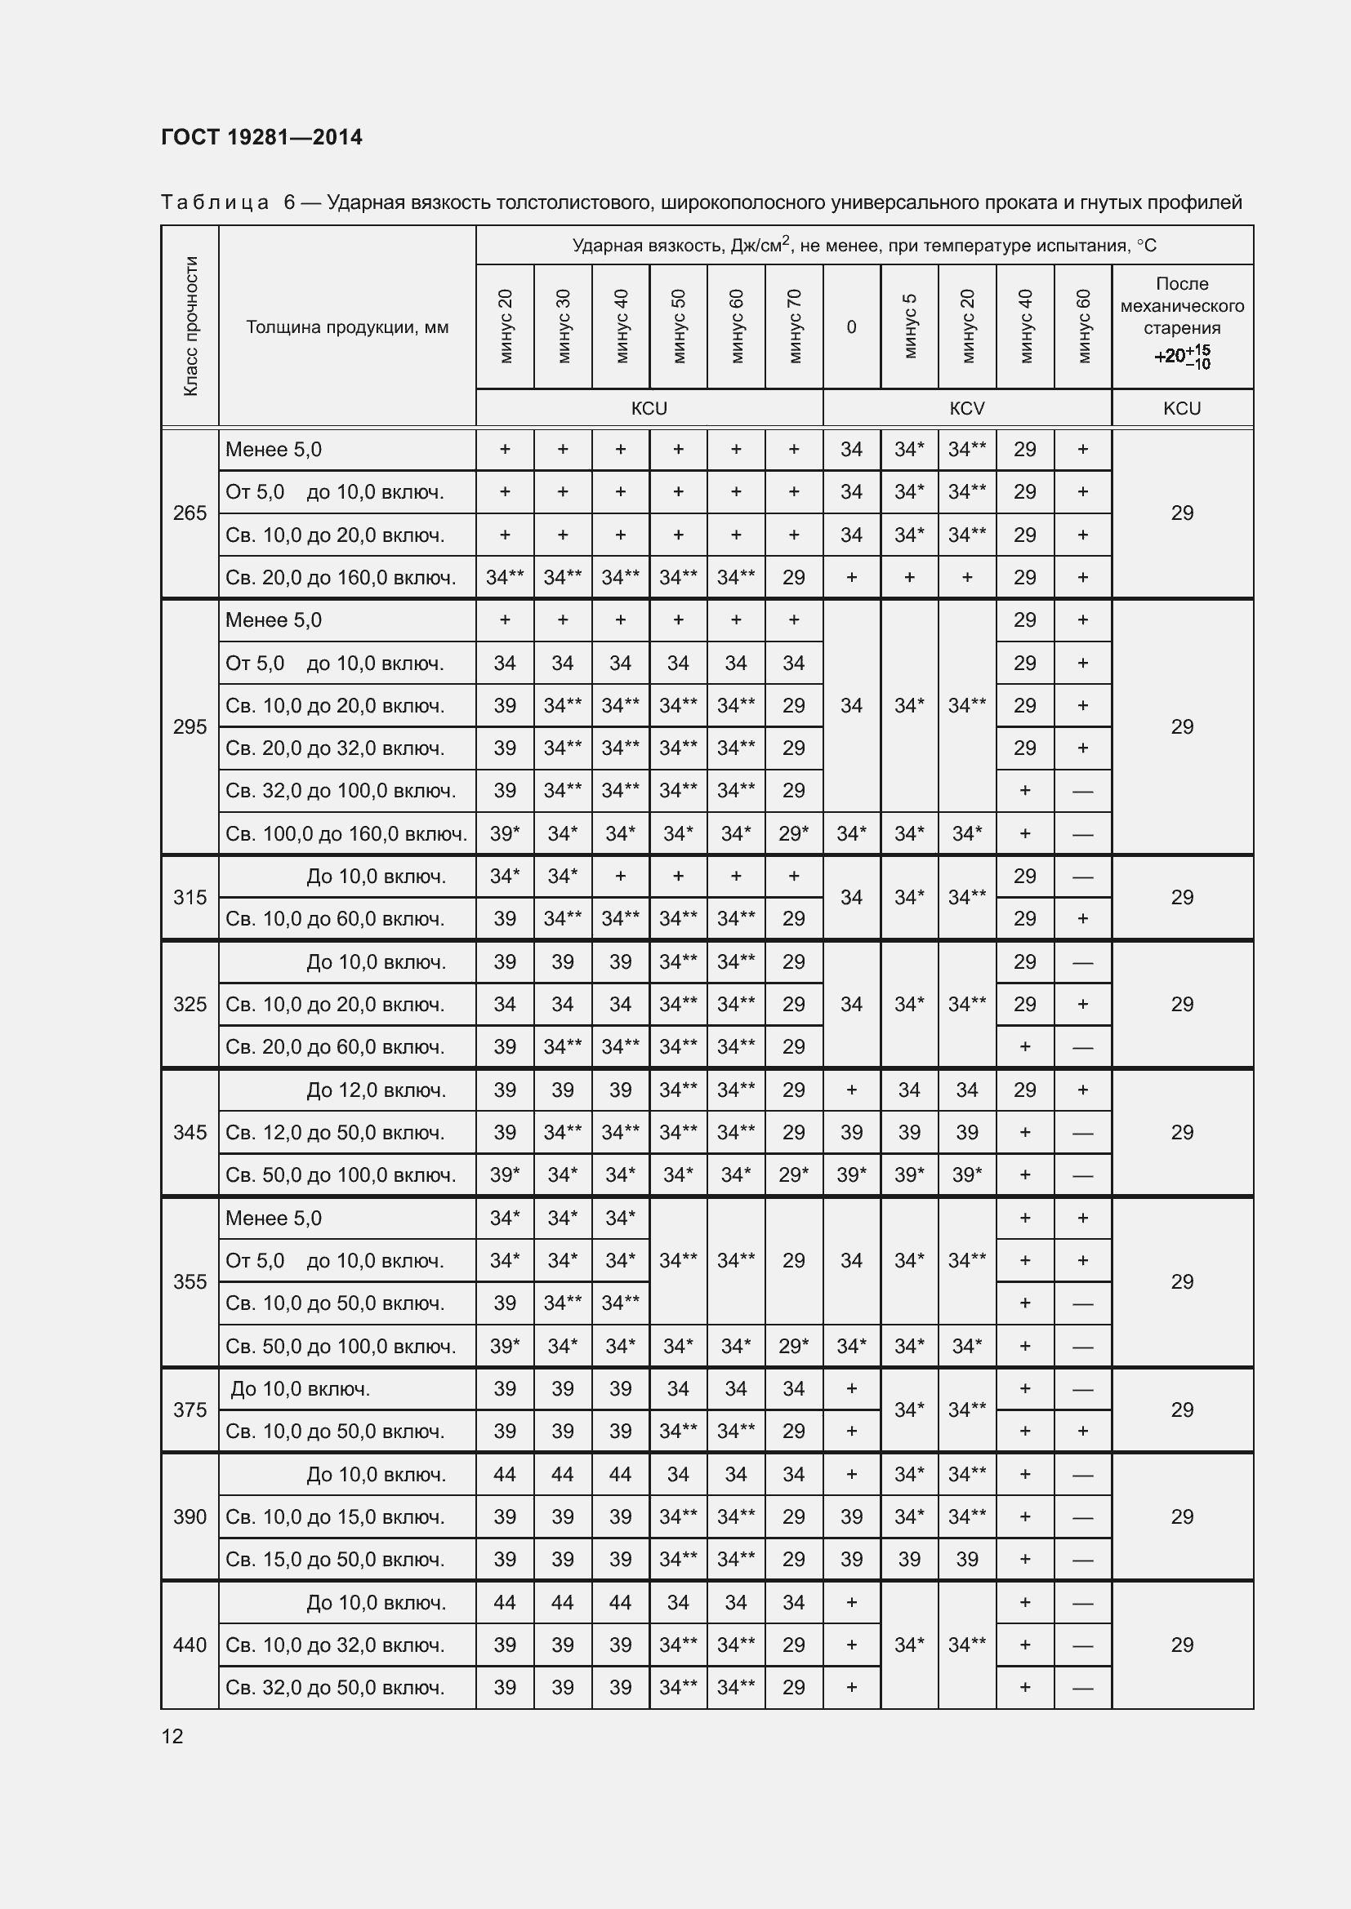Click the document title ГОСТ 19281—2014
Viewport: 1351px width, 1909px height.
click(x=261, y=137)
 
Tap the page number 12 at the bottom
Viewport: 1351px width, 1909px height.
click(x=172, y=1736)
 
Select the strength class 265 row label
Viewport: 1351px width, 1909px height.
click(x=189, y=513)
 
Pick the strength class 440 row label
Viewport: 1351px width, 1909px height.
click(x=189, y=1645)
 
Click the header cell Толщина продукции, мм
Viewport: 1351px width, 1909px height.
click(x=347, y=326)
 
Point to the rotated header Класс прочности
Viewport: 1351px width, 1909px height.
click(x=190, y=326)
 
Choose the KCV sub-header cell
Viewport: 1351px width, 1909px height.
click(x=966, y=408)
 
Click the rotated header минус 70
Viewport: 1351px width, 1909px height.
click(x=794, y=326)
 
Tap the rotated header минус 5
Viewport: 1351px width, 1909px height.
click(x=909, y=326)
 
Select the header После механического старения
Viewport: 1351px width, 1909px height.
click(x=1182, y=306)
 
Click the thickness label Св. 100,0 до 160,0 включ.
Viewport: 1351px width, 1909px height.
click(x=346, y=833)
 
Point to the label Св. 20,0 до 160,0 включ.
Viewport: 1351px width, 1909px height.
click(x=341, y=577)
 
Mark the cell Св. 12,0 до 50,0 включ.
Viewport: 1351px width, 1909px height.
click(x=334, y=1133)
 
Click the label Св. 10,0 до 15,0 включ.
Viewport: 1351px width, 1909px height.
click(x=334, y=1516)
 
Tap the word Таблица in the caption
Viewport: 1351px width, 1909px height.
click(x=215, y=202)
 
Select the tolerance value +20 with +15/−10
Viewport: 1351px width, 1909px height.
click(x=1182, y=356)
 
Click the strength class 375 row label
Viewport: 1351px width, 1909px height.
click(x=189, y=1410)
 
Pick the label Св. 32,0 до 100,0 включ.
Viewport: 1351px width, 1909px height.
click(x=341, y=790)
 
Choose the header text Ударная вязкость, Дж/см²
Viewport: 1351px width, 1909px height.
click(x=682, y=246)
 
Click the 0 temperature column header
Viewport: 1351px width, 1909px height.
click(x=851, y=326)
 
